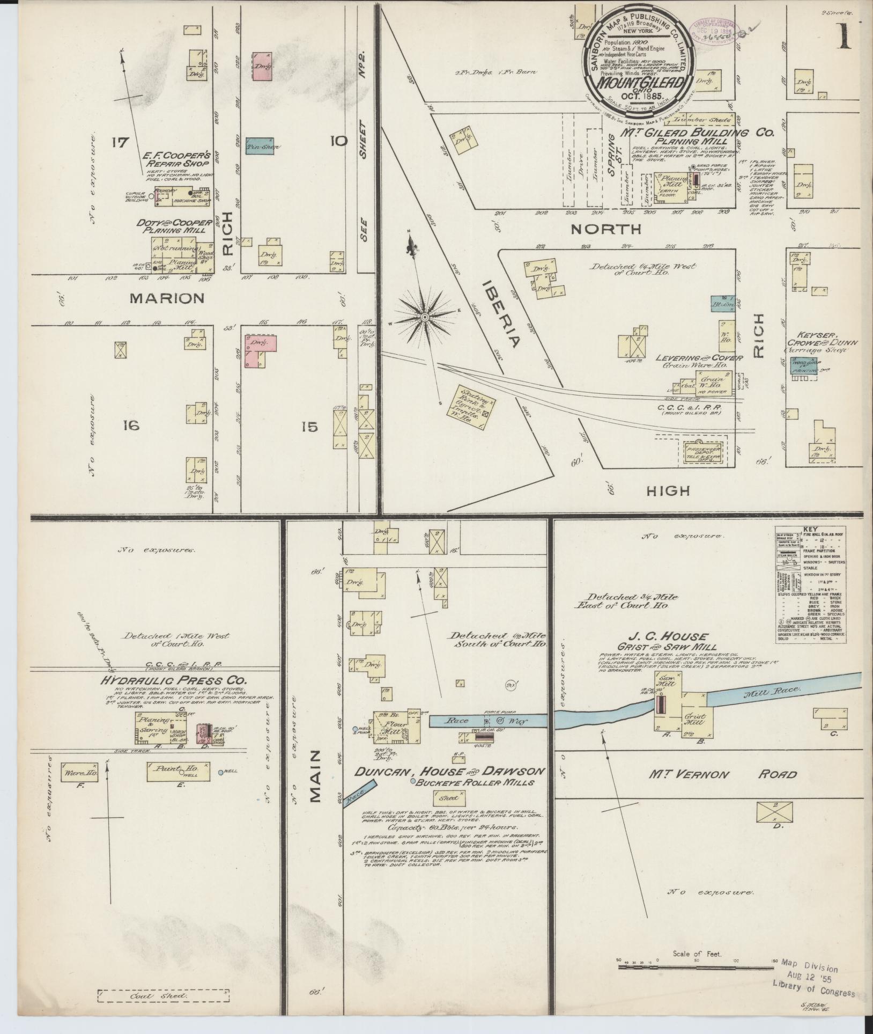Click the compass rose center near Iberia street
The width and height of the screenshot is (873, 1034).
424,317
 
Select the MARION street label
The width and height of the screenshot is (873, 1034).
166,298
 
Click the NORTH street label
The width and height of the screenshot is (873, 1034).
606,229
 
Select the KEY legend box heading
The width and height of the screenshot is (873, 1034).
811,529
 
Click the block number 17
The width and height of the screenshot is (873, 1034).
121,142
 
